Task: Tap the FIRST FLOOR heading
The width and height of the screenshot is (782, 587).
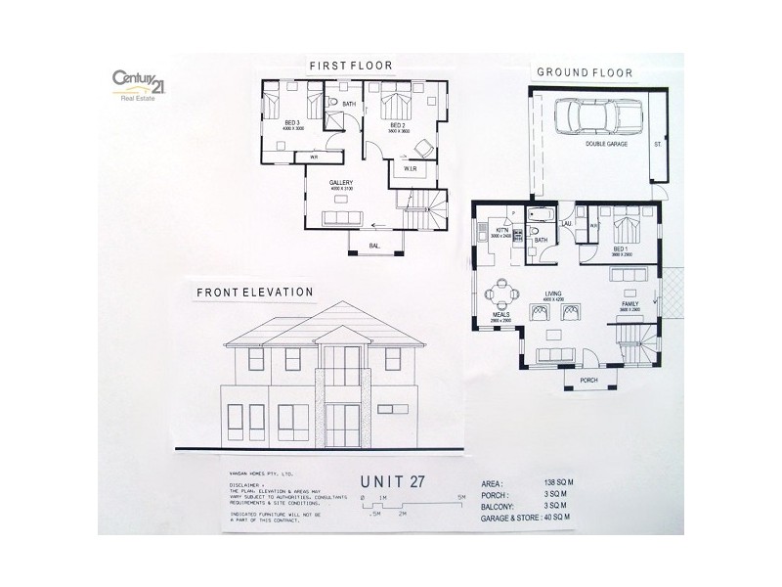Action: [350, 66]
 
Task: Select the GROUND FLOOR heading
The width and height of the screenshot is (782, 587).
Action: [583, 72]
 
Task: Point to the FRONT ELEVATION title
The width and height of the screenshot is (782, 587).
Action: [254, 292]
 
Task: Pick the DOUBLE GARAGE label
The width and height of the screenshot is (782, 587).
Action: [606, 144]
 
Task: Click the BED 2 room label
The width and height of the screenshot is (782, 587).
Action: [397, 125]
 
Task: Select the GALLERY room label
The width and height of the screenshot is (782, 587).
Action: [340, 183]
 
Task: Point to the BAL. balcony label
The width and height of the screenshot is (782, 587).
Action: [373, 246]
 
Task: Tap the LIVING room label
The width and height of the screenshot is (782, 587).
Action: [554, 293]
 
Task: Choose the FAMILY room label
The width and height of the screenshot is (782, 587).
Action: [631, 305]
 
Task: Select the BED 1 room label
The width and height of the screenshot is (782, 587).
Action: [620, 249]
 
